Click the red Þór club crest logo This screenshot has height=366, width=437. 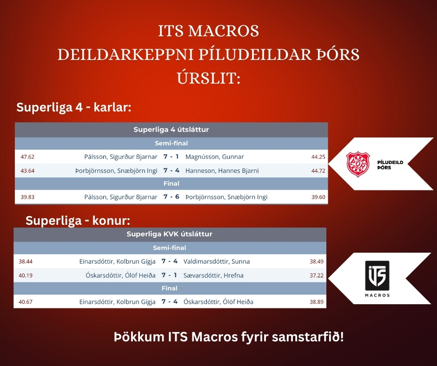358,164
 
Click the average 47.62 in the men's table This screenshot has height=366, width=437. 27,157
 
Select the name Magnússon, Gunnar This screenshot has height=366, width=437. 215,157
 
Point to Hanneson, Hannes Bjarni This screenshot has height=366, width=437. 222,171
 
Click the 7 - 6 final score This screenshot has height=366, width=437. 172,196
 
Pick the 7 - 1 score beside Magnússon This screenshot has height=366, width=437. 171,157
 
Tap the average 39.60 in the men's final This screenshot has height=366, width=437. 318,197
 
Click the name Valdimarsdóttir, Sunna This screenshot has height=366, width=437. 217,261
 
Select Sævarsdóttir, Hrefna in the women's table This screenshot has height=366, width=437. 213,275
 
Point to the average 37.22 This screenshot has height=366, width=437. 317,275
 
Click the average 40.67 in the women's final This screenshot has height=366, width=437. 26,301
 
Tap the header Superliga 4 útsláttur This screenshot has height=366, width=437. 171,130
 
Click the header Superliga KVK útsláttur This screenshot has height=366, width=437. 169,234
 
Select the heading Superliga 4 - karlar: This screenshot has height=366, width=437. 74,107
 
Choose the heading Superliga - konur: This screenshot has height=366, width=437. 78,221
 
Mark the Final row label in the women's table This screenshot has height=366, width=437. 169,288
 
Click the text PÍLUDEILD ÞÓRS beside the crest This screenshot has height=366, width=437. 390,165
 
